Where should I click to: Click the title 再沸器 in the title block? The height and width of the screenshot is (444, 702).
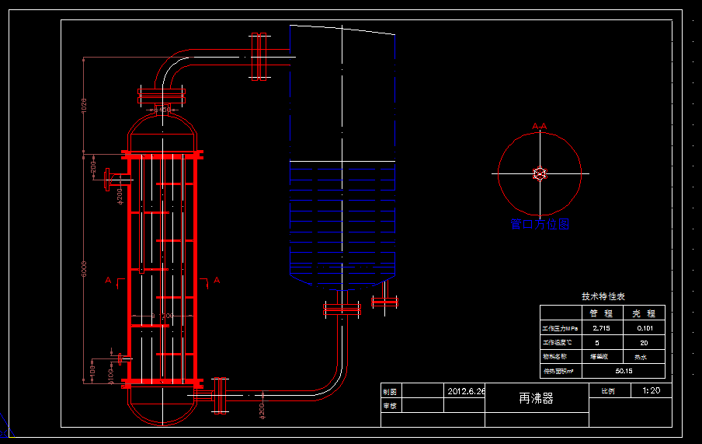(536, 399)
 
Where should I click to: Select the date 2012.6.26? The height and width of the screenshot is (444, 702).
(466, 391)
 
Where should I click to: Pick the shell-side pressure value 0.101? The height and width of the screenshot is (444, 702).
(644, 328)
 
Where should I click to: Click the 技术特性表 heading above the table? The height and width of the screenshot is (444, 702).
(603, 296)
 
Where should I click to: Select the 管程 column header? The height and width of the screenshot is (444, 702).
(601, 313)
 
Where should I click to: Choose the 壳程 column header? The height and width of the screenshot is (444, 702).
(644, 313)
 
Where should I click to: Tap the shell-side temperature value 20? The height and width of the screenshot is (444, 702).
(643, 342)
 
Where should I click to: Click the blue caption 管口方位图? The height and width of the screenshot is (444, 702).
(540, 225)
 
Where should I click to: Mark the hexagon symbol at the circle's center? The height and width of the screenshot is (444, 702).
(540, 173)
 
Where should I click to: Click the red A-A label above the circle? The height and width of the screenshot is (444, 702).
(540, 125)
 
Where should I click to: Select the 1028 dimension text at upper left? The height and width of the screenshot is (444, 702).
(85, 104)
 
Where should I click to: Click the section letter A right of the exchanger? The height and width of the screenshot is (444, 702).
(217, 280)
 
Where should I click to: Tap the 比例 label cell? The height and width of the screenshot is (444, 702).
(607, 390)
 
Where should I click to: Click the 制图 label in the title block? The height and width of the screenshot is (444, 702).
(390, 391)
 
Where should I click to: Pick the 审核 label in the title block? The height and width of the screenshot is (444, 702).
(390, 405)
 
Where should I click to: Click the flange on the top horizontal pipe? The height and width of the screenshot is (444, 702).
(259, 56)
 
